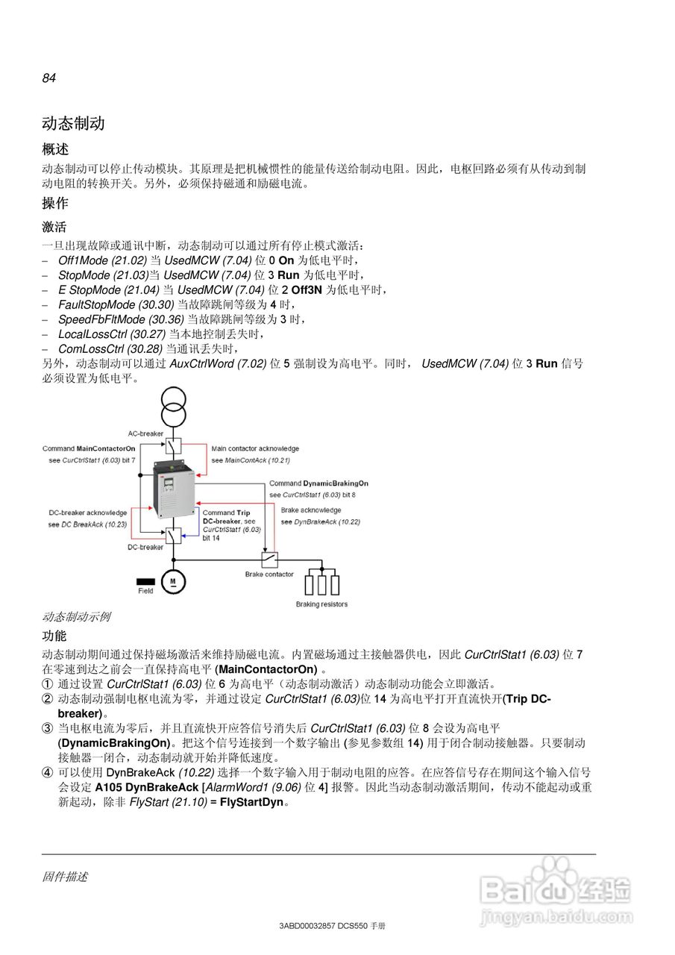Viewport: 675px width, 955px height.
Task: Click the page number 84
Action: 49,78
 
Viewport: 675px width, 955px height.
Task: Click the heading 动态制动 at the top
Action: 73,123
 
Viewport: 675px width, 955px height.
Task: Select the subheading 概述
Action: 55,150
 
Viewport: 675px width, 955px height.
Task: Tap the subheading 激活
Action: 54,227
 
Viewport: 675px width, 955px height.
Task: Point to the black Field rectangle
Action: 145,580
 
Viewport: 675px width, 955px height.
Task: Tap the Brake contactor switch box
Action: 269,559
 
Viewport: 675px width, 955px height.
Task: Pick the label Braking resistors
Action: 321,604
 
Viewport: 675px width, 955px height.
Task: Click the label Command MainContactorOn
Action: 89,448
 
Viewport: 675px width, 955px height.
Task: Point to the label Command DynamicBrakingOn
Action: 318,483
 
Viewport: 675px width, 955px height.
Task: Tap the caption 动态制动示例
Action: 76,617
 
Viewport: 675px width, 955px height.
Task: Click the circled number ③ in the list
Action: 48,728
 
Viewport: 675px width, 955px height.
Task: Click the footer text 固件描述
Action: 65,877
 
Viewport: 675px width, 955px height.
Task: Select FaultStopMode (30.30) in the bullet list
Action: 116,304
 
